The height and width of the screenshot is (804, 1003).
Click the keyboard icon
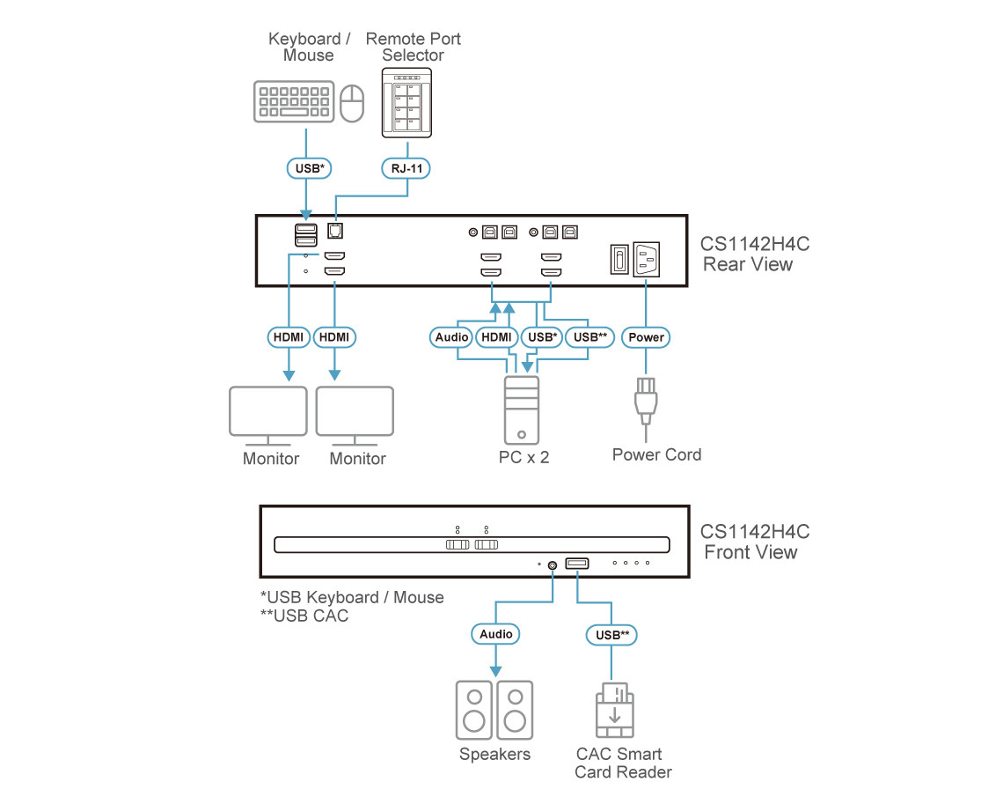click(x=294, y=102)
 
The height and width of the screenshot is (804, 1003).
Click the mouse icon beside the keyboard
click(x=352, y=104)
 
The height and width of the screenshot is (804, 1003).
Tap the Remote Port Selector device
click(x=407, y=105)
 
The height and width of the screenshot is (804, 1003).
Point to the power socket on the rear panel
click(x=647, y=260)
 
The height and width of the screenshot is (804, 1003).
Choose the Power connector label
click(x=647, y=337)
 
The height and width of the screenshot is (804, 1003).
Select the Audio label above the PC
click(x=451, y=337)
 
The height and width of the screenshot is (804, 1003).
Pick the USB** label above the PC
click(x=589, y=337)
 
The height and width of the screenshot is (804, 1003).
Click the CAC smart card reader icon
click(x=614, y=710)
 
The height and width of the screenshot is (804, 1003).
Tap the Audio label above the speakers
click(x=495, y=634)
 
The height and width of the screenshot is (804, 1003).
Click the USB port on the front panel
click(x=577, y=564)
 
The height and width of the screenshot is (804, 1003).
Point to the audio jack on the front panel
click(x=552, y=564)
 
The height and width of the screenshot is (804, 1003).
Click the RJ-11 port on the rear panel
click(x=335, y=230)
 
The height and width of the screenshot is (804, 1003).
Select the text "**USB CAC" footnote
click(x=304, y=616)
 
